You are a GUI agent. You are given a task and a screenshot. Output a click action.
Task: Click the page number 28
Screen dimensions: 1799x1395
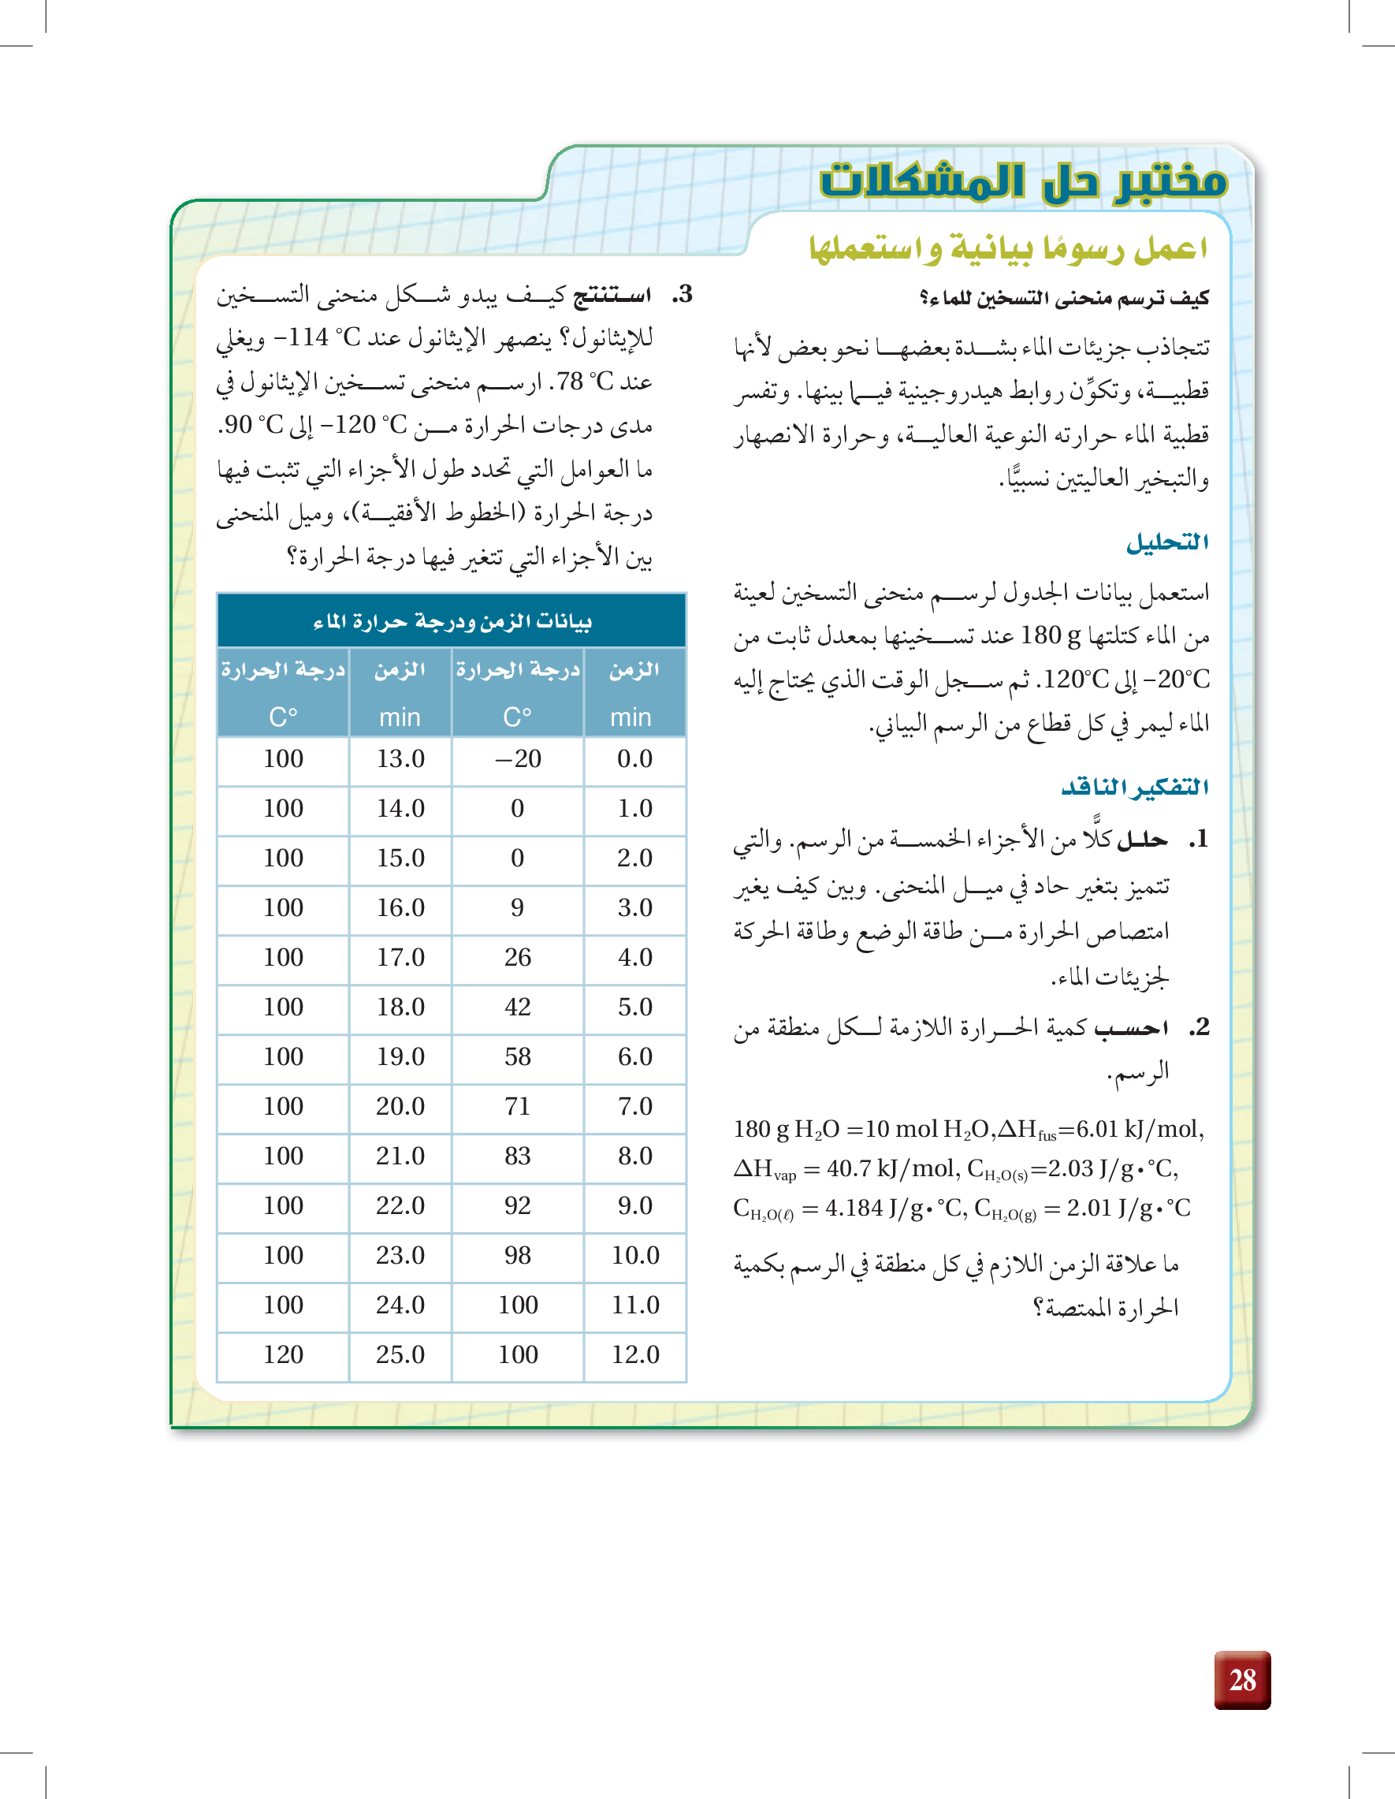1242,1679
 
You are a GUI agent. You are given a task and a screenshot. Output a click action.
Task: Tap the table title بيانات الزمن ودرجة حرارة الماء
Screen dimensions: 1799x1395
452,621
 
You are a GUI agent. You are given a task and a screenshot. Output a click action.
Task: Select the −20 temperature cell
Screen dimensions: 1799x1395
518,758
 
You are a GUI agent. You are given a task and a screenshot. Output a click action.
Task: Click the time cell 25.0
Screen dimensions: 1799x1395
400,1355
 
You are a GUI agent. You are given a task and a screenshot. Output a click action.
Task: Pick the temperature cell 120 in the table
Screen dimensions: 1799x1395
283,1355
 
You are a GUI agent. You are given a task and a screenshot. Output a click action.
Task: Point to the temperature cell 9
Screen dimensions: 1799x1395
517,907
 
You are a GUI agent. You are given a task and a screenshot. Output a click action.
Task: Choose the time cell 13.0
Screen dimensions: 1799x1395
400,758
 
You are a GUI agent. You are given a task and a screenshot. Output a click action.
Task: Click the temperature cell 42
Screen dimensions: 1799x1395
517,1008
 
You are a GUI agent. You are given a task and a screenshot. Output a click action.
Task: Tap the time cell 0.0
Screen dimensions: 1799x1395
635,758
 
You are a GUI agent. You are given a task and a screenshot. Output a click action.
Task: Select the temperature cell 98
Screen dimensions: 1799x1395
517,1255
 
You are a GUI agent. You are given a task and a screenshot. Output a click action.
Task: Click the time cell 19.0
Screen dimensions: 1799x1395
400,1057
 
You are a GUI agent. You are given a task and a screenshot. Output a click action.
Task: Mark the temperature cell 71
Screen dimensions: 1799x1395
517,1106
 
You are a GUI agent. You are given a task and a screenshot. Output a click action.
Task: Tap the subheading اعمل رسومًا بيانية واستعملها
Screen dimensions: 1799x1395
1008,248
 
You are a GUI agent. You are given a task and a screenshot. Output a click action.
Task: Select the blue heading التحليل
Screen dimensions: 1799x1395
1167,542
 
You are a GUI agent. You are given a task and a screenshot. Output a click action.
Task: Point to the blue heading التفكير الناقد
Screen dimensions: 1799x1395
1135,788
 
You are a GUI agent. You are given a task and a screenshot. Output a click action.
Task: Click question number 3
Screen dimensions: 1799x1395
683,295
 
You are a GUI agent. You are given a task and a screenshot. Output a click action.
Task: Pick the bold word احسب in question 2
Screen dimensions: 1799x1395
1130,1027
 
